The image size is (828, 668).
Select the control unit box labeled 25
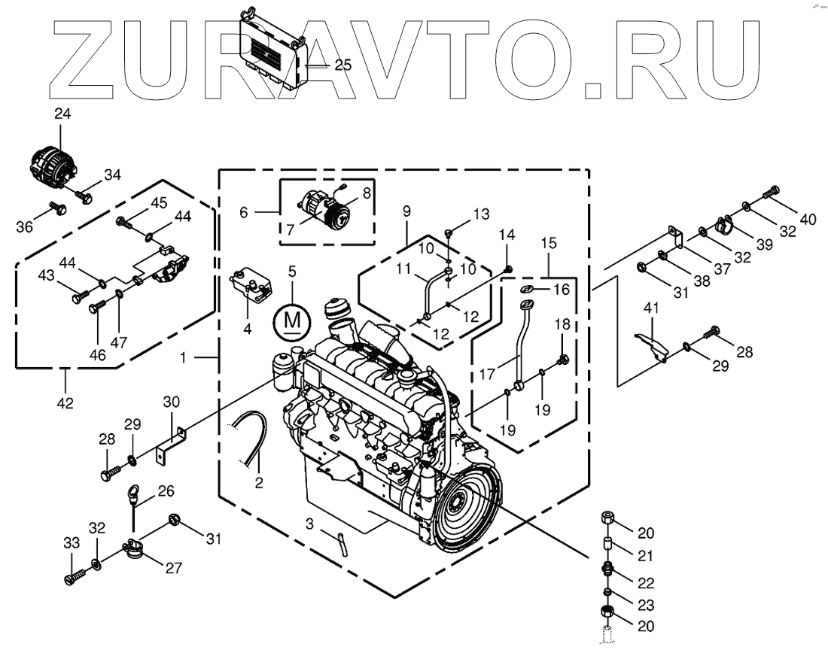point(274,46)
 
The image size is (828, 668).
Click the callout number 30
point(171,402)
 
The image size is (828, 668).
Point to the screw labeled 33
point(73,578)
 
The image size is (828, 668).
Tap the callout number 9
point(407,212)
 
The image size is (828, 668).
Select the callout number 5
point(291,271)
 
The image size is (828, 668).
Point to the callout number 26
point(166,490)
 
